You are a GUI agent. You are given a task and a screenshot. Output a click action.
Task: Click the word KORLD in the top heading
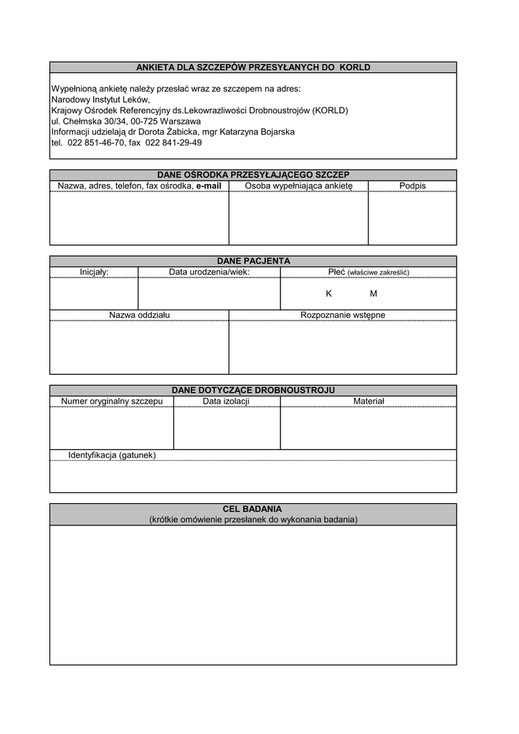[356, 67]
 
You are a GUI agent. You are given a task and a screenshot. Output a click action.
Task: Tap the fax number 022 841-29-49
[173, 143]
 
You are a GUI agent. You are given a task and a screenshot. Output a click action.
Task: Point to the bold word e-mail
[209, 186]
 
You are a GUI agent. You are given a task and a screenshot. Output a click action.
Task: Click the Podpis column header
[412, 186]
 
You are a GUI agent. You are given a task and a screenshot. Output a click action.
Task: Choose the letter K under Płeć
[329, 294]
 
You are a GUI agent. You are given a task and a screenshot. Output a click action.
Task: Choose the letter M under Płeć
[373, 294]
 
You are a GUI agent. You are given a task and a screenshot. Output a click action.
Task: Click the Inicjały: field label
[94, 272]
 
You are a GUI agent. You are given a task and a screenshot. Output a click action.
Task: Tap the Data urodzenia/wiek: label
[209, 272]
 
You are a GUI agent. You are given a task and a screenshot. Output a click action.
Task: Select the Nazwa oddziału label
[139, 315]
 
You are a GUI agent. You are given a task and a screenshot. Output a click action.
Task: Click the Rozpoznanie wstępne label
[343, 315]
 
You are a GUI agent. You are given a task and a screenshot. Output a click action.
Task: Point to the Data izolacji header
[226, 401]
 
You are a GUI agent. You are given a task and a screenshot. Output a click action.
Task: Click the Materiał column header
[368, 401]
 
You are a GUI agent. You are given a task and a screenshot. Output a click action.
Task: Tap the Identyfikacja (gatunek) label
[112, 455]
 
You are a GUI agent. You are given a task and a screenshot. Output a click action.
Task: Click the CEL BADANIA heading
[253, 509]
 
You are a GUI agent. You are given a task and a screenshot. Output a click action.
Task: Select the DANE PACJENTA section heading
[253, 261]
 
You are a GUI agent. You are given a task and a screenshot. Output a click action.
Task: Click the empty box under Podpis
[412, 219]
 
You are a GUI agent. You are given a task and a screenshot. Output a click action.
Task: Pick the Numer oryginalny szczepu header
[112, 401]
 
